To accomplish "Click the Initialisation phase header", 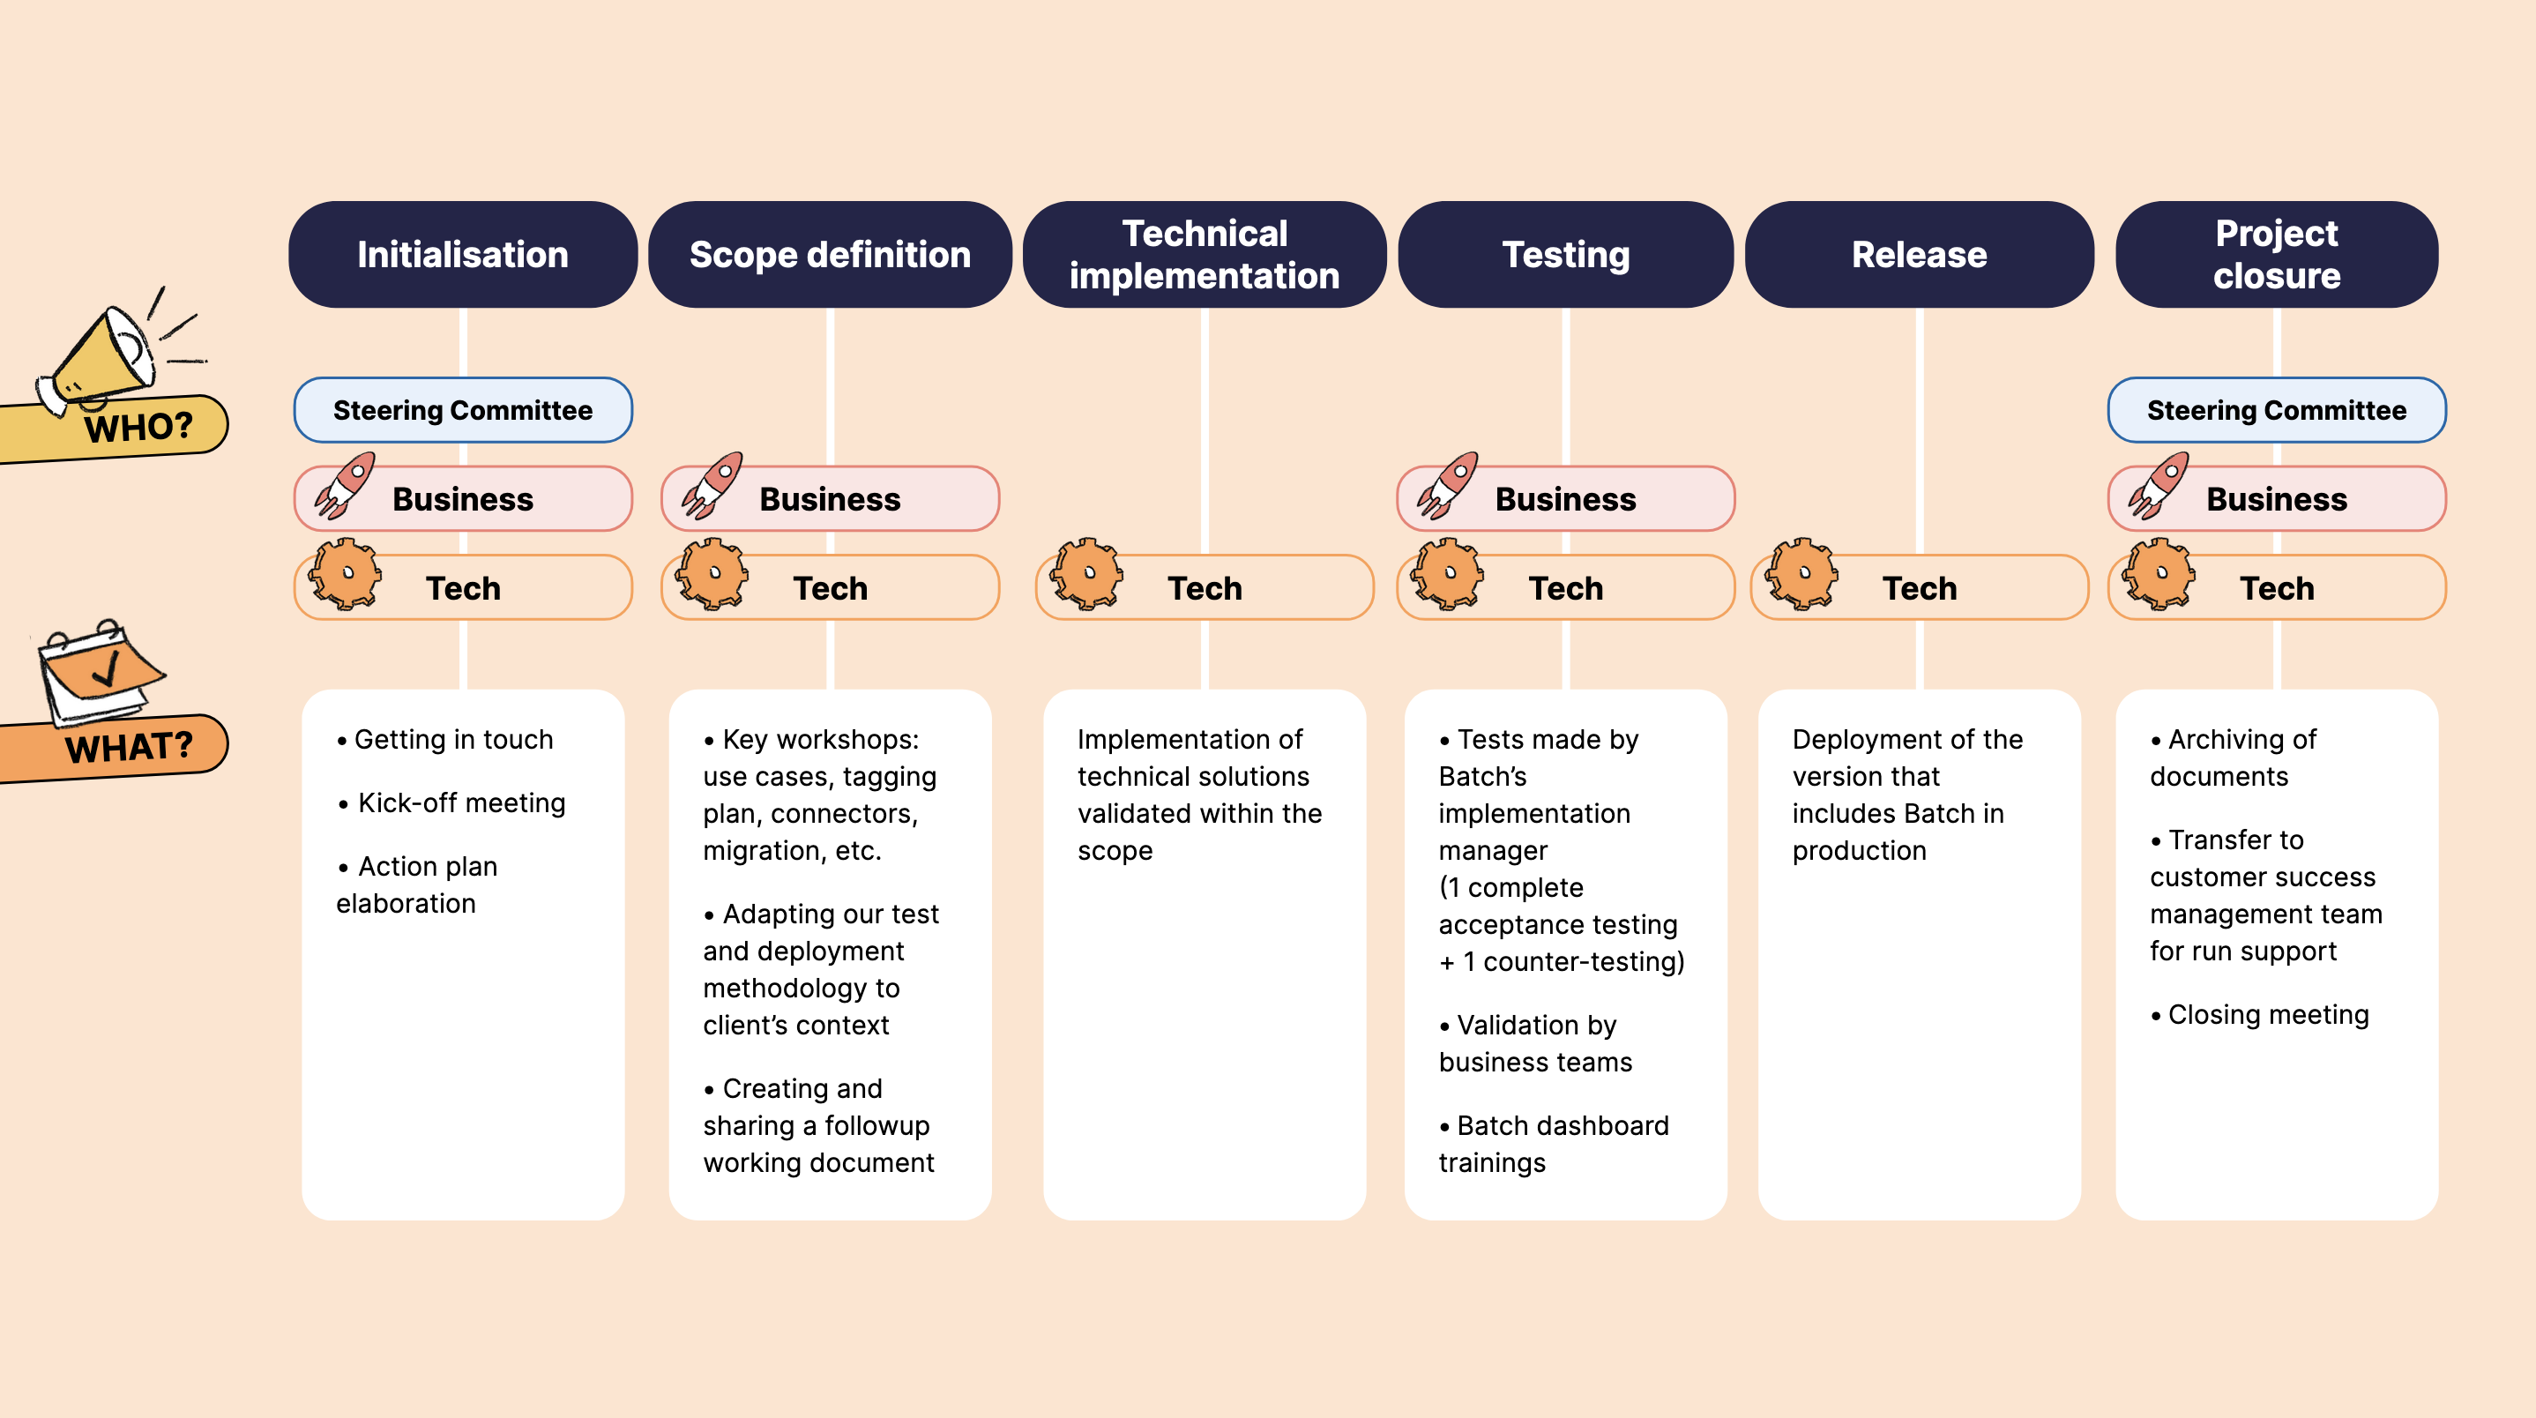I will [463, 254].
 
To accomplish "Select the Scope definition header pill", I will [830, 254].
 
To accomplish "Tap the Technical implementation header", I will [1204, 254].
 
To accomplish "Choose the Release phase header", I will [1919, 254].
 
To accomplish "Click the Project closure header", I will [2276, 254].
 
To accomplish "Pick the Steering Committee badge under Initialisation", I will [463, 410].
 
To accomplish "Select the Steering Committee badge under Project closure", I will [2276, 410].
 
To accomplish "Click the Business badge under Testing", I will [1565, 499].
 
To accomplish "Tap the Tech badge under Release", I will [1919, 588].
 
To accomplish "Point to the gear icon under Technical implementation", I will [1085, 573].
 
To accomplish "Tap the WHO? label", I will [138, 428].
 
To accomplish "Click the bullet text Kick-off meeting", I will [461, 802].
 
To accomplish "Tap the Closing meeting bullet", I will [2267, 1014].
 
